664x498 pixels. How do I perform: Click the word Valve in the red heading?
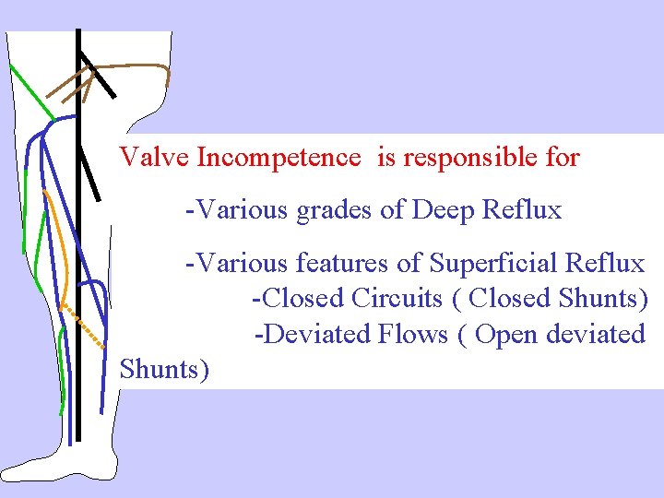coord(154,158)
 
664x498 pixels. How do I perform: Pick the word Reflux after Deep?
coord(522,211)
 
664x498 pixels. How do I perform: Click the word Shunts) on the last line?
coord(165,370)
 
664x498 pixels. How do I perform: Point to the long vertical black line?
coord(79,277)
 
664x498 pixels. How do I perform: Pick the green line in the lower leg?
coord(60,369)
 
